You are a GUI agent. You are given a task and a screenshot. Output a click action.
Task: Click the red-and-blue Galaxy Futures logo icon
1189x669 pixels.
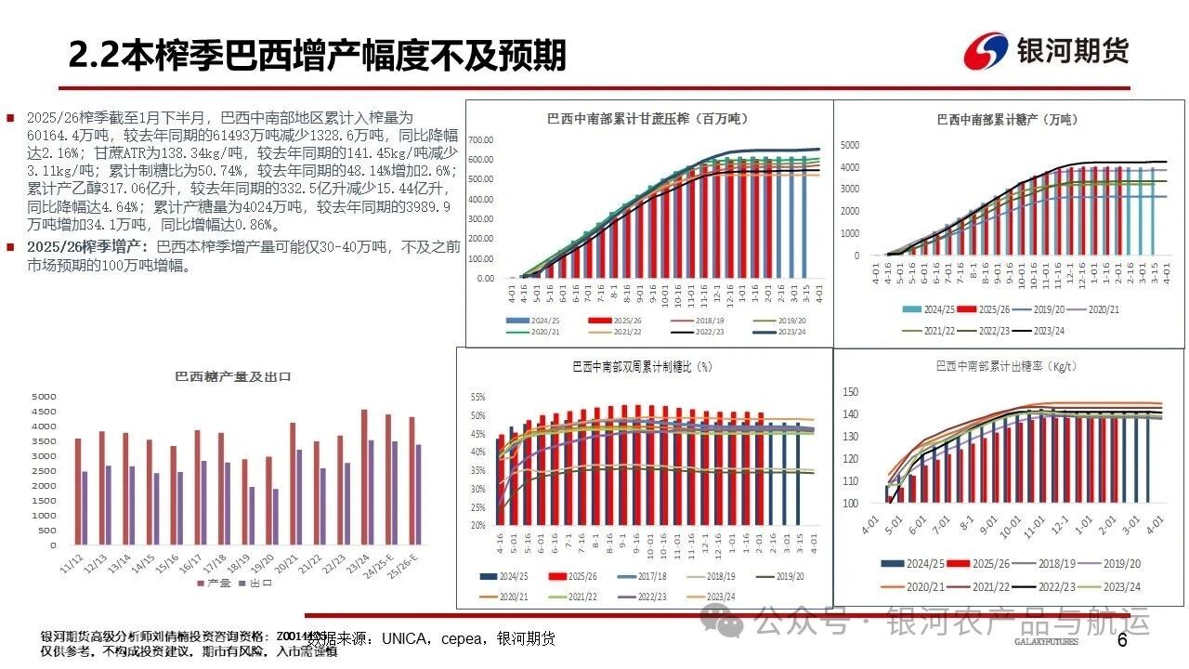986,51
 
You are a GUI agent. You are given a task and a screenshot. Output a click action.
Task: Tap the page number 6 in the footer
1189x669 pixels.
1121,640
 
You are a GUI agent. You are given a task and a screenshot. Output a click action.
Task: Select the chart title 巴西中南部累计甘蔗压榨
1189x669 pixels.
647,119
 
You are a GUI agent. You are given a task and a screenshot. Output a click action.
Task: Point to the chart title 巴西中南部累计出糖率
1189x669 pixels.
1007,366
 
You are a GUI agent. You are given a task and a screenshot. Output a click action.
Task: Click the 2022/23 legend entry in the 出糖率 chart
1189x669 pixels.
1056,586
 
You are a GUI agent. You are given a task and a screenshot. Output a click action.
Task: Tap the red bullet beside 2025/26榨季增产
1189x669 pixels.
10,247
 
